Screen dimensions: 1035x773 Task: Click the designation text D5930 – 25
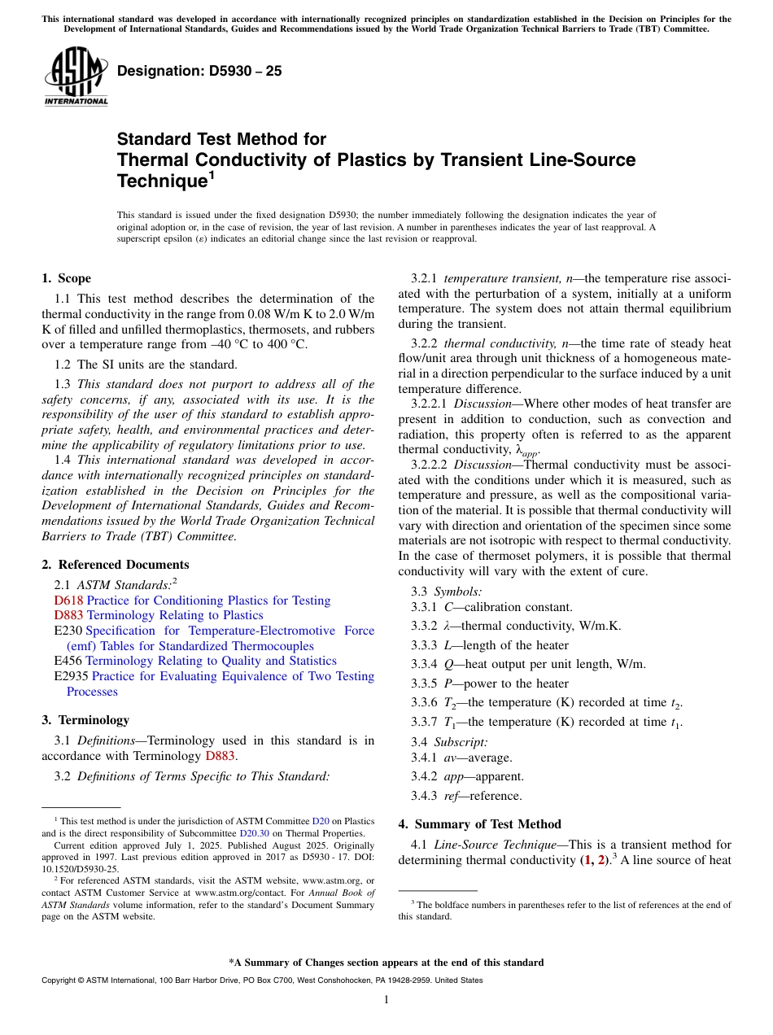pyautogui.click(x=199, y=71)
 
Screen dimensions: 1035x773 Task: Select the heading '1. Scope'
pyautogui.click(x=67, y=278)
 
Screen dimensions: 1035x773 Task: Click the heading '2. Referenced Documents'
pyautogui.click(x=116, y=565)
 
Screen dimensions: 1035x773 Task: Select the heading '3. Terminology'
pyautogui.click(x=85, y=720)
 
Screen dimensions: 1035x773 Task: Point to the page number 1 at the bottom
pyautogui.click(x=386, y=1000)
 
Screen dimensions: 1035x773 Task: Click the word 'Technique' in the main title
pyautogui.click(x=159, y=181)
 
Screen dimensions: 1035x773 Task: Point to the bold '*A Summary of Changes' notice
pyautogui.click(x=386, y=963)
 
